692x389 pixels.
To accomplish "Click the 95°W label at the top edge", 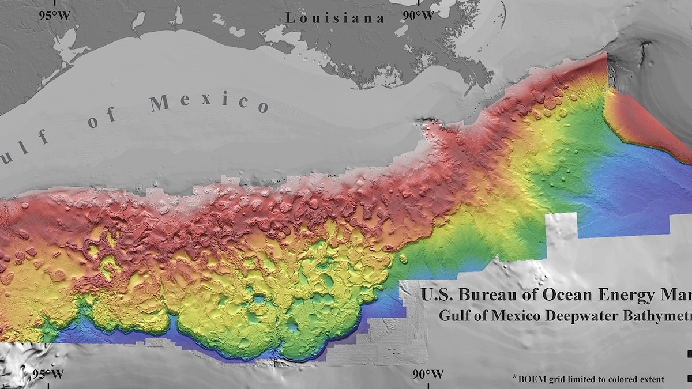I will (54, 14).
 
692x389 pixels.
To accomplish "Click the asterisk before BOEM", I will (514, 377).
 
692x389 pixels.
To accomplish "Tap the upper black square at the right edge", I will (689, 354).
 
